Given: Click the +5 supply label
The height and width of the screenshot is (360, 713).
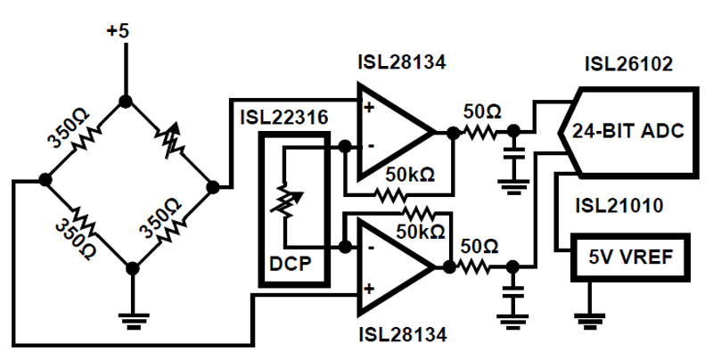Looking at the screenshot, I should point(118,30).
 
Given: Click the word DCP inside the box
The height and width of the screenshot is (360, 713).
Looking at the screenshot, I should point(291,266).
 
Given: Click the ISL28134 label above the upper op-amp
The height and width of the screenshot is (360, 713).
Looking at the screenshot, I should point(400,63).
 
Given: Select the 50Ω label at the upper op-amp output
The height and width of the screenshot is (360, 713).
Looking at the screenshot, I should point(482,111).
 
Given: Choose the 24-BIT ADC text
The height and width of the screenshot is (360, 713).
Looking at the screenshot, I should point(629,132).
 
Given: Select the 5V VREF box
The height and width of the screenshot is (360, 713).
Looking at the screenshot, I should point(630,258).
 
